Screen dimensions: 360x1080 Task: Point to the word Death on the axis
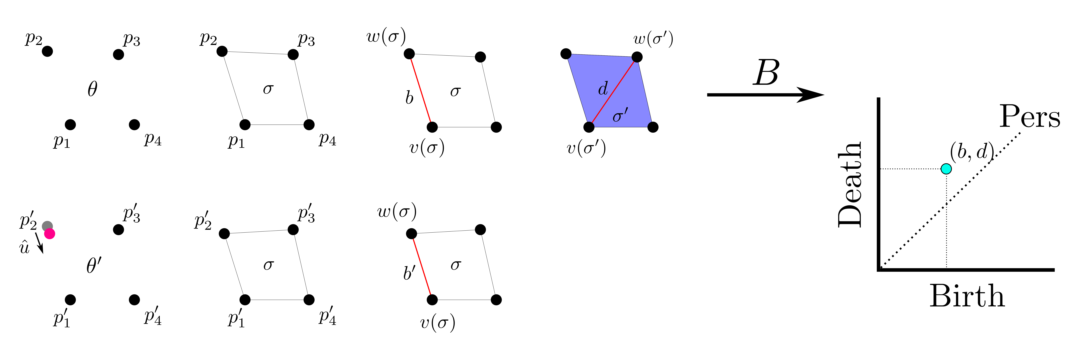pyautogui.click(x=850, y=184)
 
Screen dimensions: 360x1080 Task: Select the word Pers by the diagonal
pyautogui.click(x=1030, y=117)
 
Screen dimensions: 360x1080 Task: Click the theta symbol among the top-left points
pyautogui.click(x=92, y=89)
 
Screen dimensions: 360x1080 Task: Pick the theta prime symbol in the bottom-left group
pyautogui.click(x=94, y=265)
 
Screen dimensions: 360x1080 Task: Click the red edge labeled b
pyautogui.click(x=421, y=90)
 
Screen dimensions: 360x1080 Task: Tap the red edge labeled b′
pyautogui.click(x=422, y=267)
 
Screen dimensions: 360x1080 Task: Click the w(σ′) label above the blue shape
pyautogui.click(x=653, y=39)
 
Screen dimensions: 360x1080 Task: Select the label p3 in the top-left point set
pyautogui.click(x=131, y=39)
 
